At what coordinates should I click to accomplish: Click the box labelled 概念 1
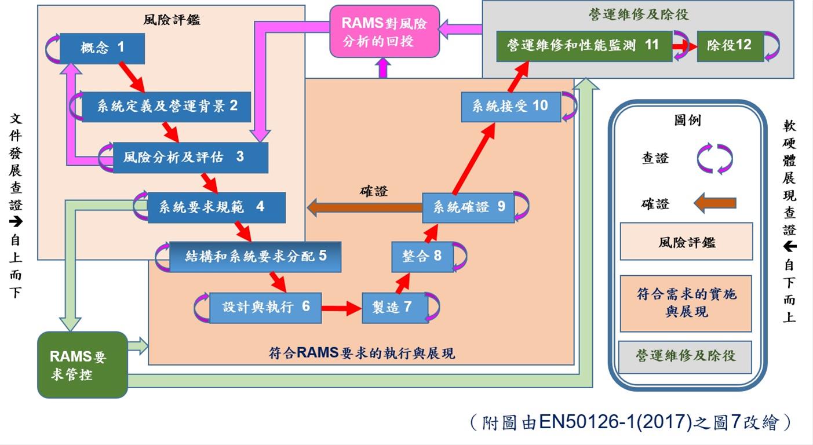click(x=102, y=48)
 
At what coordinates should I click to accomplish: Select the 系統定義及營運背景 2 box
click(x=166, y=107)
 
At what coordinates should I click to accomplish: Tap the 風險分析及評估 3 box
click(x=190, y=157)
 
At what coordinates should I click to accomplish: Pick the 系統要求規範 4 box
click(x=216, y=207)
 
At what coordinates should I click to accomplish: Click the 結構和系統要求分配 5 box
click(x=255, y=257)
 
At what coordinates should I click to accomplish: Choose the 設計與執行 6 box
click(x=265, y=307)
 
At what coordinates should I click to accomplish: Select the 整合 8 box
click(x=421, y=256)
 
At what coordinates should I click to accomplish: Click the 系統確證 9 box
click(x=468, y=207)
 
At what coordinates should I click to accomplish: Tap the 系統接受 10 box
click(x=511, y=106)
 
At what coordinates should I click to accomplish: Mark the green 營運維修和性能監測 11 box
click(x=584, y=46)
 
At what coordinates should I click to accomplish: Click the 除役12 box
click(x=729, y=46)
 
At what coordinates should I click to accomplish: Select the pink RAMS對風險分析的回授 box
click(x=385, y=32)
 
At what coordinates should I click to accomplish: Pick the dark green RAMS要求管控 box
click(x=82, y=365)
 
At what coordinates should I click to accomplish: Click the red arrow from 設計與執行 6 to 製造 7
click(x=341, y=308)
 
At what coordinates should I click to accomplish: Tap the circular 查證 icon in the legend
click(x=714, y=159)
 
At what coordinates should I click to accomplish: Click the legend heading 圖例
click(x=687, y=121)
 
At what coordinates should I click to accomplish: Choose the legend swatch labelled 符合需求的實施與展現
click(x=686, y=303)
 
